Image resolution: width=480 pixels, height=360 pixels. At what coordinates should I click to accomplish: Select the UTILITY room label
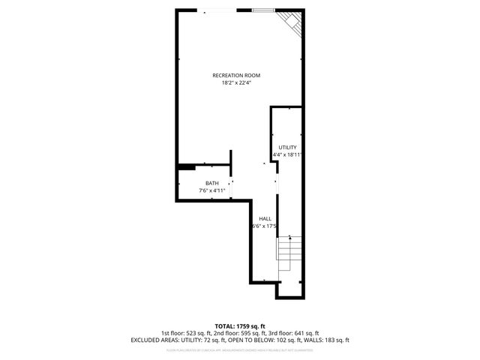coord(288,147)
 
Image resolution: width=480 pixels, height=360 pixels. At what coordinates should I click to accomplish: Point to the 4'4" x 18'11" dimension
coord(288,154)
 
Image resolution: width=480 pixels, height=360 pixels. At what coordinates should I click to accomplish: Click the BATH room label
coord(212,183)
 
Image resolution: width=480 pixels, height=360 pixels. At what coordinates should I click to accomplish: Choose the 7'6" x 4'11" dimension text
coord(212,190)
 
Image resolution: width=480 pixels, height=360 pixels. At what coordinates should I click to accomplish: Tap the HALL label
coord(265,218)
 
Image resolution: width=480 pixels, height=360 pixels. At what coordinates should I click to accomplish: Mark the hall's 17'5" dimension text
coord(265,226)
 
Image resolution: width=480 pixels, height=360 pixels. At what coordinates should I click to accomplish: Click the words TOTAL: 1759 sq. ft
coord(240,326)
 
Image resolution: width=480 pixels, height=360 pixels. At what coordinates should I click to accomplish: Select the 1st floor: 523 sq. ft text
coord(187,333)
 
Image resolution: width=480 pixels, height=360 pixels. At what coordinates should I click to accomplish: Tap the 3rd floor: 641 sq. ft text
coord(293,333)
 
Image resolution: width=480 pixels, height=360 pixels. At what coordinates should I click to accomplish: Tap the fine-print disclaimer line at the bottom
coord(240,349)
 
